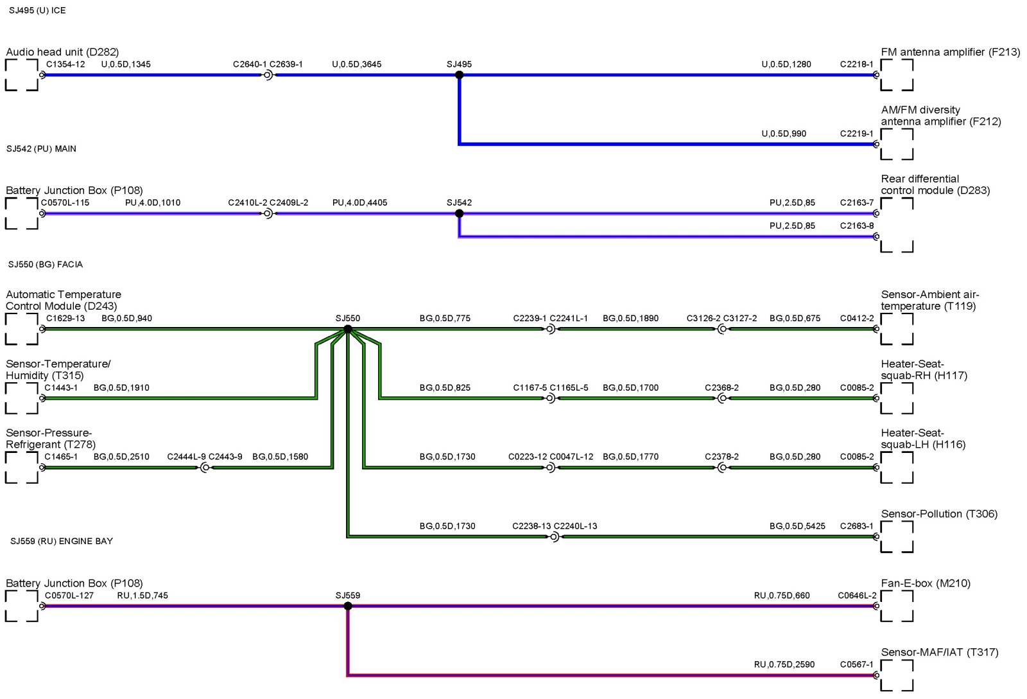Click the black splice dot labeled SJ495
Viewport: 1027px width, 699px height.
click(x=459, y=75)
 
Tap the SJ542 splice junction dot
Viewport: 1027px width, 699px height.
click(x=459, y=213)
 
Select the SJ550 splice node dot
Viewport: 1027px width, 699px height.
click(x=348, y=329)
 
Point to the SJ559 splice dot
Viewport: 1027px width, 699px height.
click(x=348, y=606)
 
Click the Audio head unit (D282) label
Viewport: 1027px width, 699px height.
click(x=62, y=52)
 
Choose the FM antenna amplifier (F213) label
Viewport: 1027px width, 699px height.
click(x=950, y=52)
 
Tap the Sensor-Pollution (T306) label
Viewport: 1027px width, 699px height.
click(x=939, y=514)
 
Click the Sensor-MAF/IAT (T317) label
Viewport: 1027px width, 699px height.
click(x=939, y=652)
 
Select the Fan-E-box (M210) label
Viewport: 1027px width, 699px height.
click(x=925, y=583)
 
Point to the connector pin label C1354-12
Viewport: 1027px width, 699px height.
click(x=65, y=64)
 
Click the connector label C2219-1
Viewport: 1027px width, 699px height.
click(x=856, y=134)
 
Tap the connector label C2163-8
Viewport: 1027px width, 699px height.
click(x=856, y=226)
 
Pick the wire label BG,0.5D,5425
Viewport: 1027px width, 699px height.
click(x=797, y=526)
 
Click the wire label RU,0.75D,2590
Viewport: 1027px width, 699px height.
click(x=784, y=665)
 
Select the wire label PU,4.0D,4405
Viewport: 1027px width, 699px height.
click(x=359, y=203)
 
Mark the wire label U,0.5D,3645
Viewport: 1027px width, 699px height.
click(x=356, y=64)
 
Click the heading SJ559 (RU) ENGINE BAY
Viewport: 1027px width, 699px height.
click(x=62, y=541)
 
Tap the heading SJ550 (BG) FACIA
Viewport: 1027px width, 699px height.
click(x=46, y=264)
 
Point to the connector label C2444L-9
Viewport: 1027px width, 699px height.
click(x=186, y=457)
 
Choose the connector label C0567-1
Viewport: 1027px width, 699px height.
click(x=856, y=665)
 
